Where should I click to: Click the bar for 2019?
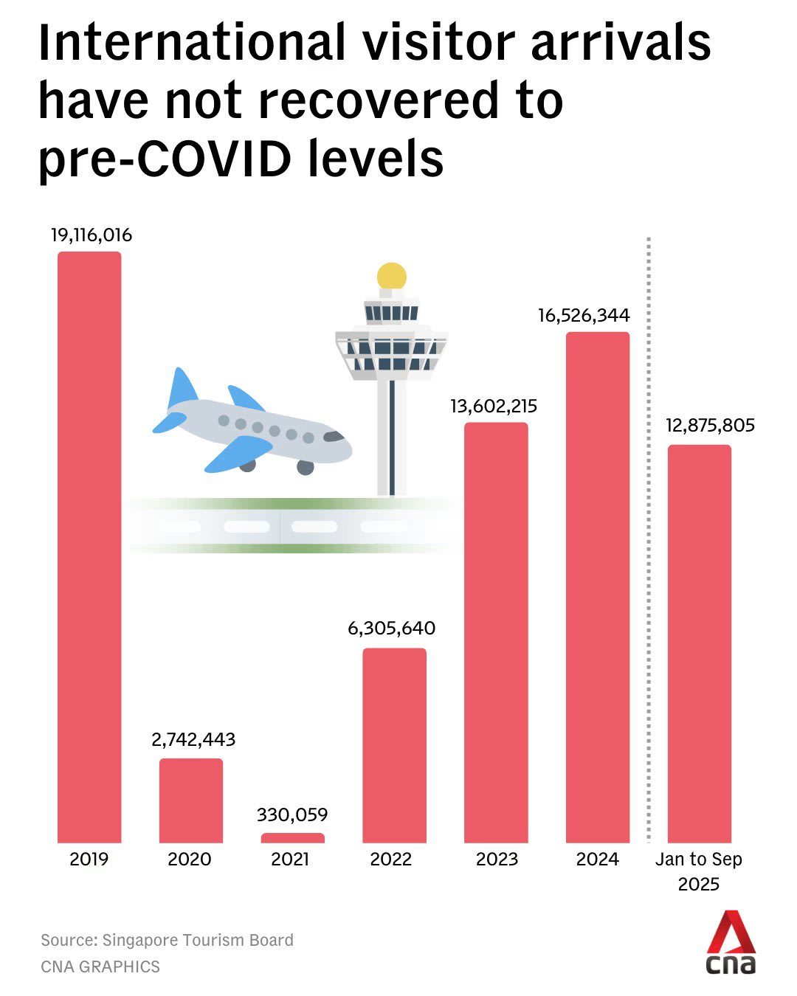pyautogui.click(x=89, y=546)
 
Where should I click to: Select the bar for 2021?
pyautogui.click(x=292, y=838)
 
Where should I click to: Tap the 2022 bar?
pyautogui.click(x=394, y=745)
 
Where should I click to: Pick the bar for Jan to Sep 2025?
pyautogui.click(x=699, y=643)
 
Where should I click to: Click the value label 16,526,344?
pyautogui.click(x=584, y=316)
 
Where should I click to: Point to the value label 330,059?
pyautogui.click(x=292, y=815)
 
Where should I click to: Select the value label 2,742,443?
pyautogui.click(x=193, y=739)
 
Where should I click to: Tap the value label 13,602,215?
pyautogui.click(x=494, y=406)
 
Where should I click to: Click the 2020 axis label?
pyautogui.click(x=190, y=860)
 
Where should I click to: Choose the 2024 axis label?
pyautogui.click(x=598, y=860)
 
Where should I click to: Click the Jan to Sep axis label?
pyautogui.click(x=699, y=860)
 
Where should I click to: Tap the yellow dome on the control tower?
pyautogui.click(x=392, y=276)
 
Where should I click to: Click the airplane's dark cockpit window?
pyautogui.click(x=334, y=437)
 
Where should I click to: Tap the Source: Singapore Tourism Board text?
pyautogui.click(x=167, y=940)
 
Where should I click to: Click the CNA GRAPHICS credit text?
pyautogui.click(x=100, y=966)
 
